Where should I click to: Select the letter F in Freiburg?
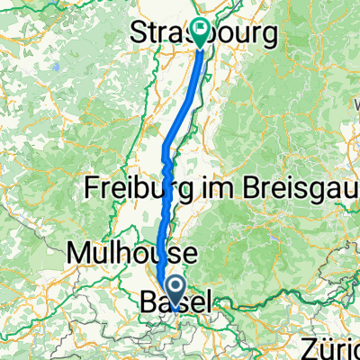pyautogui.click(x=94, y=189)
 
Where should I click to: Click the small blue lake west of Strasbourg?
pyautogui.click(x=56, y=67)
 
